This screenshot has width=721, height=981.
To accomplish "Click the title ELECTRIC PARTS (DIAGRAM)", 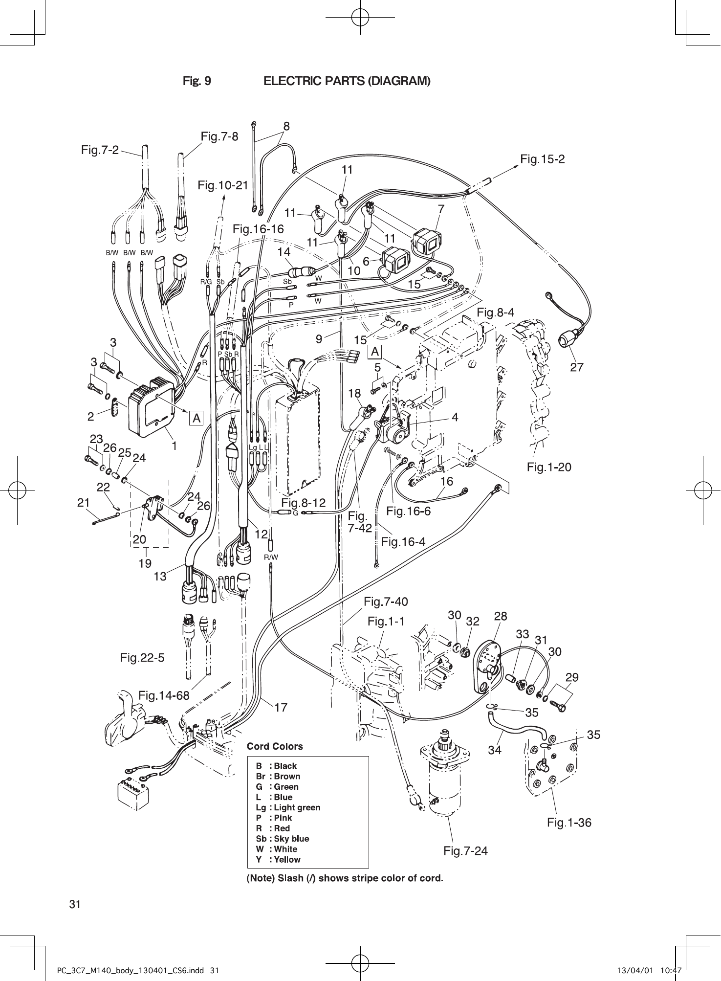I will point(347,81).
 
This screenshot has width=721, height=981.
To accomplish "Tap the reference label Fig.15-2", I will point(543,159).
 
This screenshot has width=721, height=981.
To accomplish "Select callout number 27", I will point(577,367).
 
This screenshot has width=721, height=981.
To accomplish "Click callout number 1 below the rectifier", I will point(173,446).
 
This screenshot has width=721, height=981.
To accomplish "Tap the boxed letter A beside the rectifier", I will point(197,419).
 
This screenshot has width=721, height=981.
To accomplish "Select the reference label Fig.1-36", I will point(569,823).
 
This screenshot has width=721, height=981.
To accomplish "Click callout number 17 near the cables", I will point(281,707).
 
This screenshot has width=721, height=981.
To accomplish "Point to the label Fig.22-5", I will point(142,658).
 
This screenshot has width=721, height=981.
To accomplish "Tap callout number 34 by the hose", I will point(495,749).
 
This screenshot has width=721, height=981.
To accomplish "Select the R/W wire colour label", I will point(271,557).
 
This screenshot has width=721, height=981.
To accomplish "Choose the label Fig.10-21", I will point(223,185).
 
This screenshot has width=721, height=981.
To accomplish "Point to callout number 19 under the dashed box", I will point(144,563).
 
